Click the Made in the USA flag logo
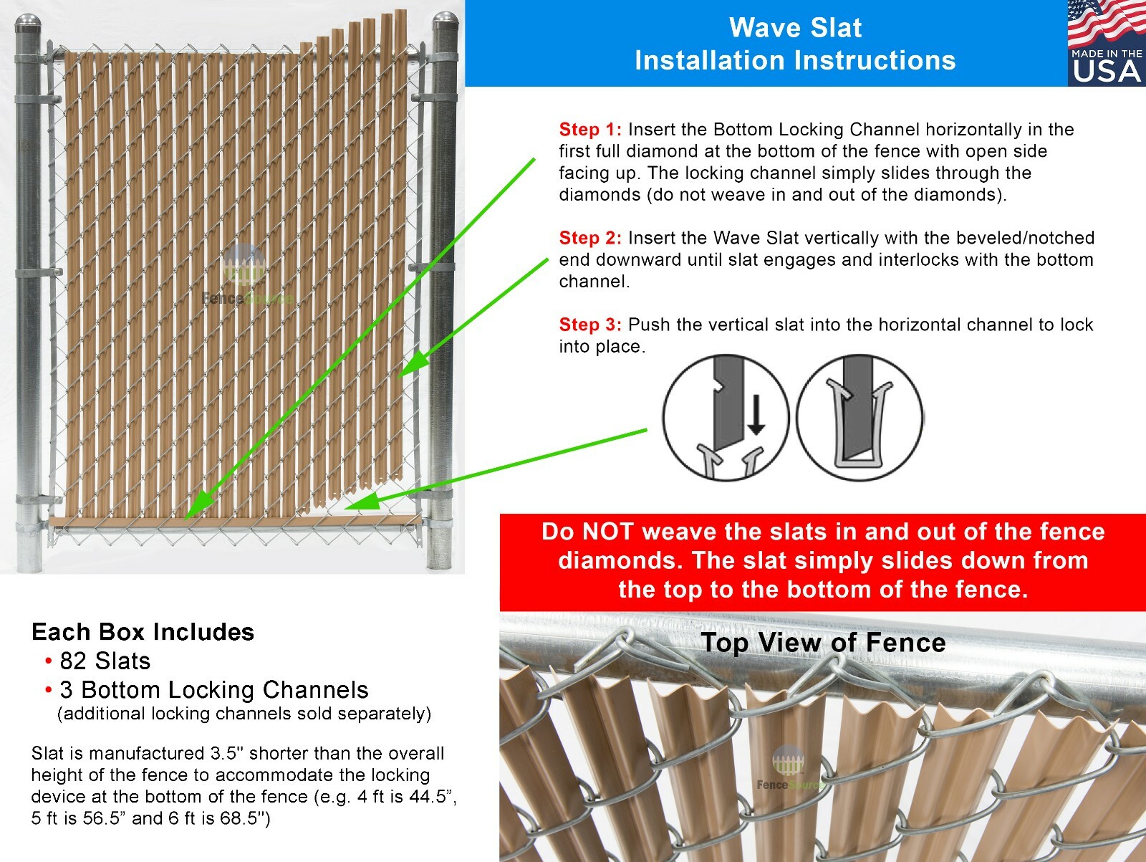click(x=1106, y=43)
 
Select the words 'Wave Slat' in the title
click(x=795, y=28)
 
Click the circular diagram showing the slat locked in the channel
click(x=860, y=418)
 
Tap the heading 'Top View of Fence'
click(x=823, y=643)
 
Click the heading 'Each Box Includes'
click(x=143, y=632)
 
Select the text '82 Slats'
click(x=105, y=661)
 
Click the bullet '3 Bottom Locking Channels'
click(x=214, y=690)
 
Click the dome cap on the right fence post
click(x=446, y=24)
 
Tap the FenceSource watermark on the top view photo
click(x=788, y=770)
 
